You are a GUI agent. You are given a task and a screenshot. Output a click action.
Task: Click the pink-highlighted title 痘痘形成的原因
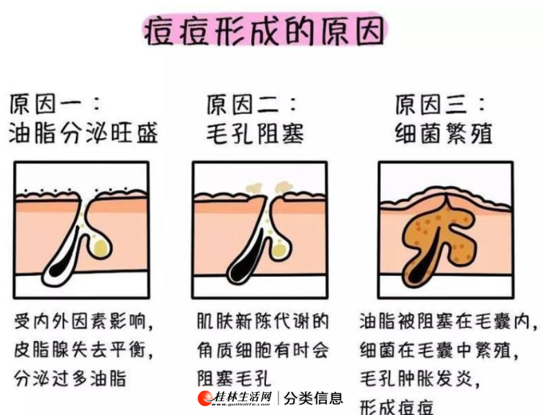pos(265,31)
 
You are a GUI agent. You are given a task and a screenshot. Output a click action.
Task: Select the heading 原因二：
pos(252,104)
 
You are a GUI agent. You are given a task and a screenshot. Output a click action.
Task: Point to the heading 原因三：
pos(440,104)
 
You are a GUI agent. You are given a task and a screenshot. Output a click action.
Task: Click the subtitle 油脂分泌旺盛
pos(83,133)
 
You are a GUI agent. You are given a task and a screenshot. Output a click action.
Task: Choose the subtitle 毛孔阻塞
pos(255,133)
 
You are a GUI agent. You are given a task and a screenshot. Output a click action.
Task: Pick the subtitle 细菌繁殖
pos(444,133)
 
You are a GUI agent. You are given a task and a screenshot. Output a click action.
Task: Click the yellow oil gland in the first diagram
pos(101,248)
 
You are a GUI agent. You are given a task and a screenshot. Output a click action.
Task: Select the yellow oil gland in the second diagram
pos(280,250)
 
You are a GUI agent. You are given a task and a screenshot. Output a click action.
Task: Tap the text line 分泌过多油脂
pos(71,378)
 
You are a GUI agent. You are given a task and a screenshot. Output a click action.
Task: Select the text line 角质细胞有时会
pos(263,350)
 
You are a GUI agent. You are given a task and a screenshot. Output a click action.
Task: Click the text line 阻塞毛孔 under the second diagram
pos(234,378)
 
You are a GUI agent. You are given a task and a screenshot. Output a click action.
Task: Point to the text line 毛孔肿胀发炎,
pos(420,378)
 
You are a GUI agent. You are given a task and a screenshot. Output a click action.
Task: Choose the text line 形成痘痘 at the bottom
pos(397,407)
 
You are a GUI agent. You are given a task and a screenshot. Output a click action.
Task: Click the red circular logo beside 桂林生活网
pos(205,398)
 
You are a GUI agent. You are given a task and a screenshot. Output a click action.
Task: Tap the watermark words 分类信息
pos(313,398)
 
